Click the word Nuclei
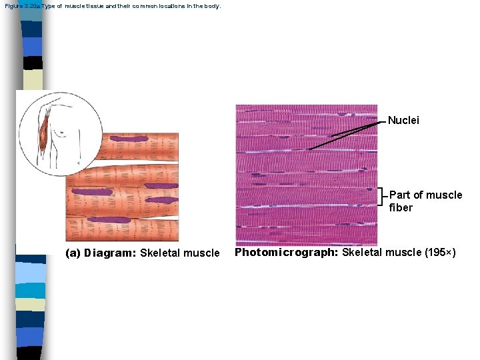403,121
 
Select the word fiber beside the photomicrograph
401,207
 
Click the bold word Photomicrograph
287,252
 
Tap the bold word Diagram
111,253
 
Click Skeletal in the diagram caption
159,253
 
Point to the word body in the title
211,6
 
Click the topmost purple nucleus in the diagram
129,139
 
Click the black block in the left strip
33,63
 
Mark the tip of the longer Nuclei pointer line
309,149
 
